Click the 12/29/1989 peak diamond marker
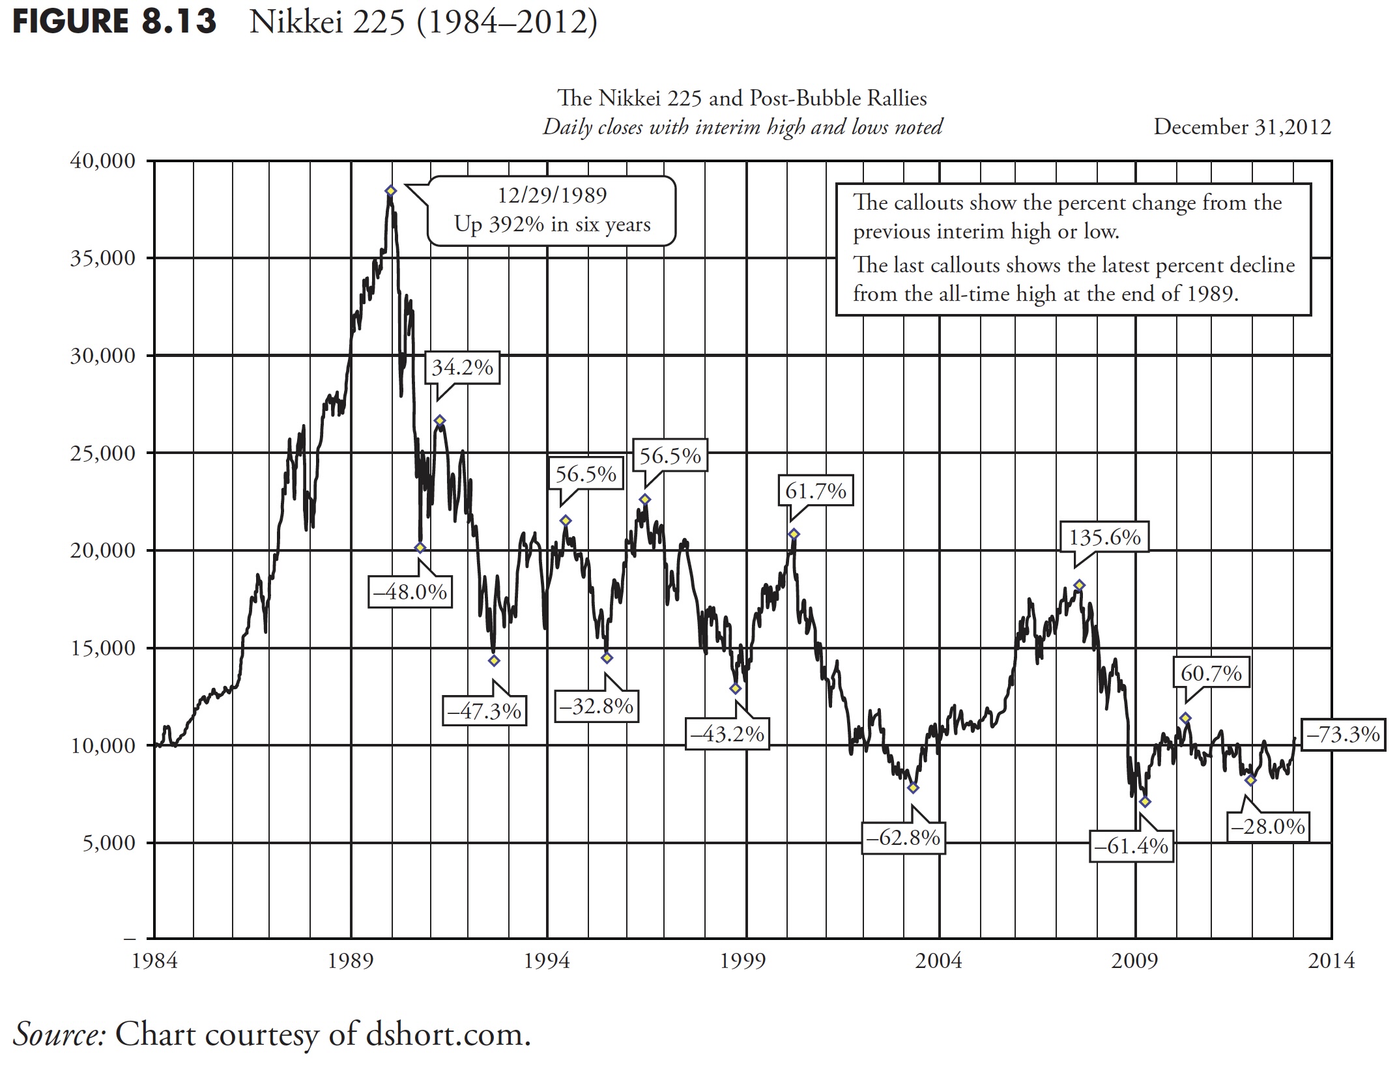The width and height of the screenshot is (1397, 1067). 390,191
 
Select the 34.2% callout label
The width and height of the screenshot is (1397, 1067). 462,367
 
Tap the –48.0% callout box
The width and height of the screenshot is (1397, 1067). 410,592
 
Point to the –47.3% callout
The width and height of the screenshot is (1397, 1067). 484,711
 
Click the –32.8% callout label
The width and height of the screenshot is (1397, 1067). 596,706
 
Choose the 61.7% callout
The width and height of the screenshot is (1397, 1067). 815,491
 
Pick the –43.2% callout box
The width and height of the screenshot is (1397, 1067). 727,734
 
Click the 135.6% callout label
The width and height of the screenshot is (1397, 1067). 1104,537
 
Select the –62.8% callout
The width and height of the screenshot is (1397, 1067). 903,837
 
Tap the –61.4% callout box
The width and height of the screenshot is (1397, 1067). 1131,846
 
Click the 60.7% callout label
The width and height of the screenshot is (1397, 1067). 1211,673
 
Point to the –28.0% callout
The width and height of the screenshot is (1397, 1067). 1268,827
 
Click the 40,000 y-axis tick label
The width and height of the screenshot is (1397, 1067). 102,161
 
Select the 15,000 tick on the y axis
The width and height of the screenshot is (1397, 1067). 102,648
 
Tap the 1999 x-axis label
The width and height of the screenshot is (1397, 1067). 743,961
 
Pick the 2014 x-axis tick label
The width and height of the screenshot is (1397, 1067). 1331,961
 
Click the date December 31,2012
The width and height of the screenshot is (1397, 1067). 1242,126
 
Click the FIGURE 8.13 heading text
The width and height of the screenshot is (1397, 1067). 115,22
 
